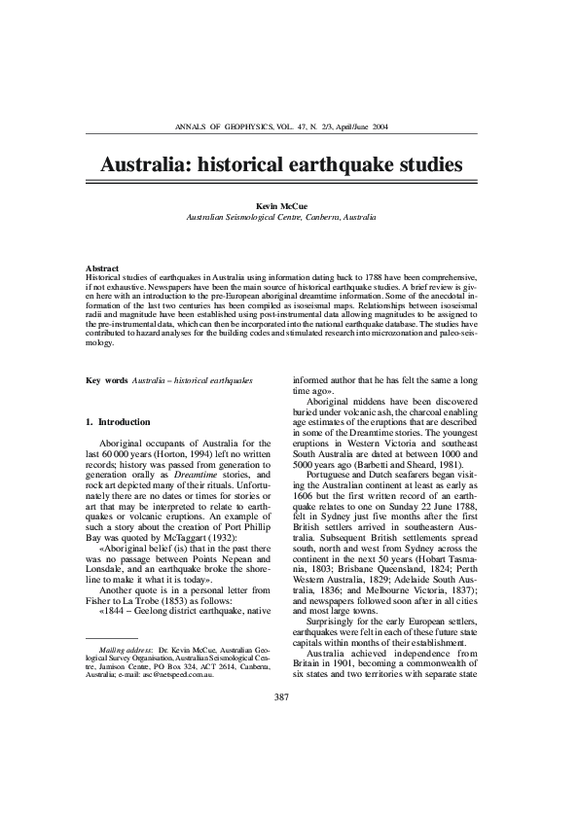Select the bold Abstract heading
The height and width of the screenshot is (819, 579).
pyautogui.click(x=102, y=267)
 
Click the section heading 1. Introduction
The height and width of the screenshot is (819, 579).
pyautogui.click(x=118, y=422)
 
